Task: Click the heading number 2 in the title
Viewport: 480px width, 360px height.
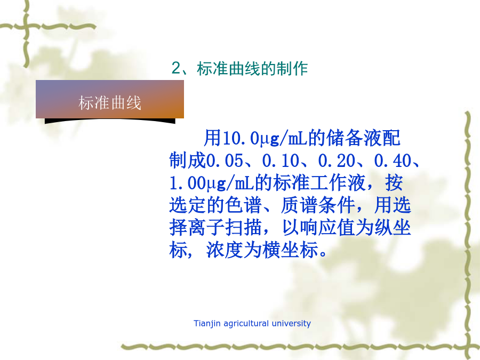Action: (x=177, y=68)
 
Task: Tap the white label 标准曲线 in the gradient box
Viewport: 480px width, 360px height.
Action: (x=110, y=102)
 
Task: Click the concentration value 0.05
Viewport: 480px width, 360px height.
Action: (x=225, y=161)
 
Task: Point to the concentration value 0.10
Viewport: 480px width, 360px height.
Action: (x=281, y=161)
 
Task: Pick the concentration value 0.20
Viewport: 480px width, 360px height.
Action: (x=337, y=161)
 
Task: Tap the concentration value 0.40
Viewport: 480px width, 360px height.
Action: (x=393, y=161)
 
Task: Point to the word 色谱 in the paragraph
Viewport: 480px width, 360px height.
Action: (x=243, y=205)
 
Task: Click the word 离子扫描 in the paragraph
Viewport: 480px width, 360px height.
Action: (x=225, y=228)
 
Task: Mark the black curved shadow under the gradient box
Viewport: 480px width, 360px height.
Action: (x=110, y=121)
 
